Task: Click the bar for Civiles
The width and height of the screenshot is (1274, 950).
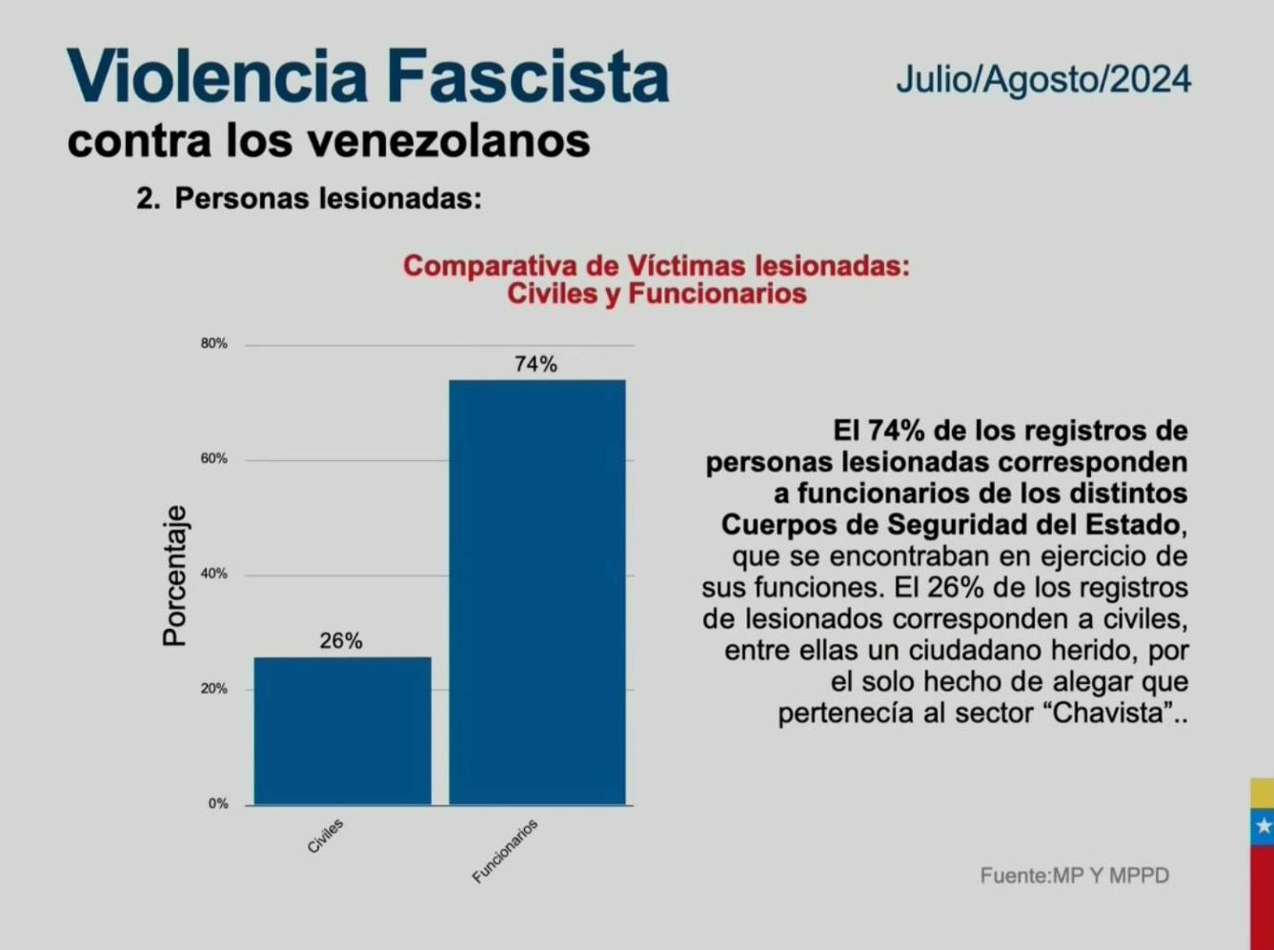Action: (x=342, y=730)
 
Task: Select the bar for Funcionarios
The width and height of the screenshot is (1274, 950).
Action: (x=537, y=592)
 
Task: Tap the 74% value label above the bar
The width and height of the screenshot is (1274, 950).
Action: (x=536, y=364)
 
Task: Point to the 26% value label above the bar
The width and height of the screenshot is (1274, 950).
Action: (x=341, y=641)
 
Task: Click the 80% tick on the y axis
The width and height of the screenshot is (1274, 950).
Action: (x=214, y=344)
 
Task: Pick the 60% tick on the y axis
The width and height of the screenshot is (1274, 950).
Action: (x=214, y=459)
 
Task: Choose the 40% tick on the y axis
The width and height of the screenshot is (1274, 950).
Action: (x=214, y=575)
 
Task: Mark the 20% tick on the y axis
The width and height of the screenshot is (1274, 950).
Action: (x=214, y=689)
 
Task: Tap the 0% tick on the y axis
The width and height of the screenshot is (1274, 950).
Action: (x=218, y=804)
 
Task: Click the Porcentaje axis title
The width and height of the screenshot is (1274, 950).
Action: (x=174, y=575)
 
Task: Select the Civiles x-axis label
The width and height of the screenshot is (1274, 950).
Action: (x=326, y=836)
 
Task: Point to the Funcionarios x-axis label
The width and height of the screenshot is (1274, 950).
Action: (x=506, y=850)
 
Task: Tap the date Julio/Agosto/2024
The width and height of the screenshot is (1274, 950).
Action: (x=1042, y=79)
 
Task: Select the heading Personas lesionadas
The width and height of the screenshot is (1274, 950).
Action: (x=328, y=198)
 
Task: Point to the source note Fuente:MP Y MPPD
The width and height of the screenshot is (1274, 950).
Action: (x=1074, y=875)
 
